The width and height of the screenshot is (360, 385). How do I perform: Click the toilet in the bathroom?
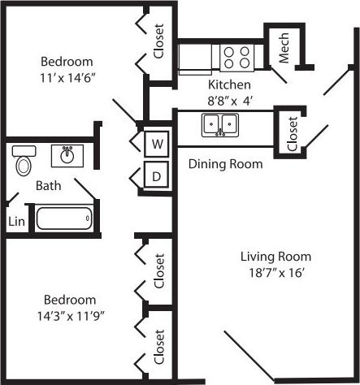click(x=23, y=162)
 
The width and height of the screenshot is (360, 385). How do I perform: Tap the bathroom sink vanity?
click(x=67, y=154)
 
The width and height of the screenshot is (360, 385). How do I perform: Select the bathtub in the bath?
click(x=64, y=218)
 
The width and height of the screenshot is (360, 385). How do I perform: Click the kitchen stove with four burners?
click(x=236, y=56)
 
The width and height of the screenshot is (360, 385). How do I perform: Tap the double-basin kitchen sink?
click(x=219, y=125)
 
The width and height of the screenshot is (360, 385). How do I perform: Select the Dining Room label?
click(x=225, y=164)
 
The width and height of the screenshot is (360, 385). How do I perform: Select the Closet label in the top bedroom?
click(x=159, y=41)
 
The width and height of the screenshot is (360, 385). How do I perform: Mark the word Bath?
click(x=48, y=186)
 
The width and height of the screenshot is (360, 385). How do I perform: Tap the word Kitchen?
click(x=229, y=84)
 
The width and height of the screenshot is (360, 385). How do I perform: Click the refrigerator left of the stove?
click(x=195, y=57)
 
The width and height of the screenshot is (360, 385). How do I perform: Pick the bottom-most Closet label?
click(x=159, y=348)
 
